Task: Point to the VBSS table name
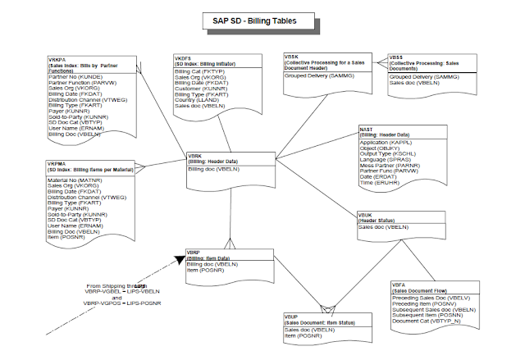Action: (x=398, y=58)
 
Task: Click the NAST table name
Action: (x=367, y=129)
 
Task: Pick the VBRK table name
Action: (x=195, y=155)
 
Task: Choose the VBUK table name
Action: (x=366, y=214)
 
